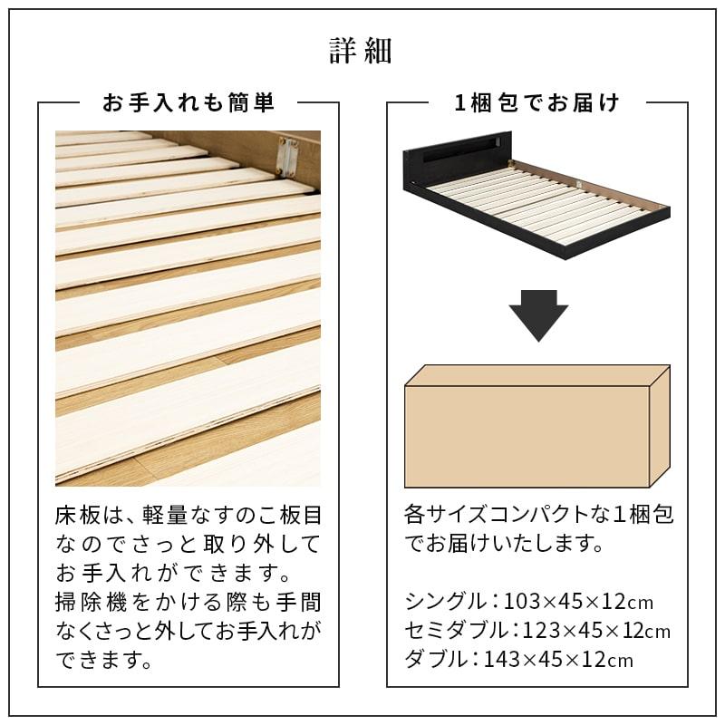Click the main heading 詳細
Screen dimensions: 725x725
click(361, 52)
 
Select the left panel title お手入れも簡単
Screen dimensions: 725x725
click(188, 103)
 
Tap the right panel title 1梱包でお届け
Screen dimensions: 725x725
click(537, 103)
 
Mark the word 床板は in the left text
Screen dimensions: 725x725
click(87, 516)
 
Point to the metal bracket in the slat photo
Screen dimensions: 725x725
click(288, 156)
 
